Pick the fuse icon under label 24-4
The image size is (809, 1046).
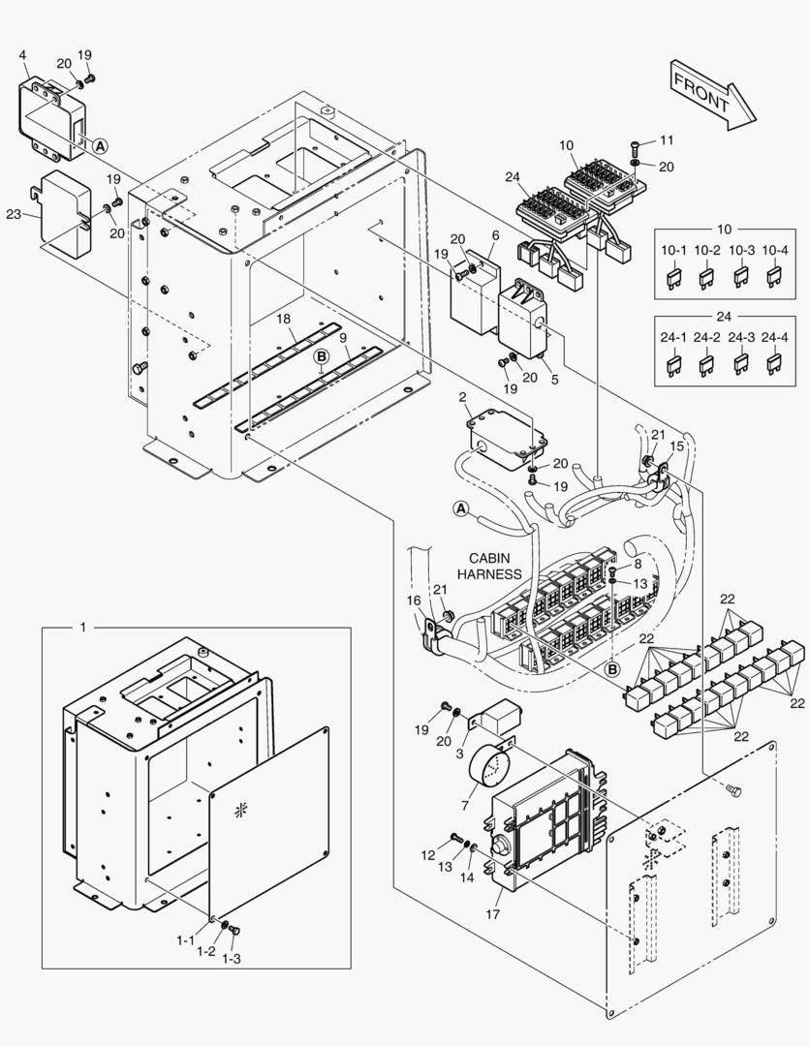pyautogui.click(x=773, y=364)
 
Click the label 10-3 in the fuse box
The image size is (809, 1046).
pyautogui.click(x=740, y=251)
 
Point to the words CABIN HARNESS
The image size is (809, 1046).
pyautogui.click(x=496, y=566)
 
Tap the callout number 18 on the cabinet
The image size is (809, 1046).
pyautogui.click(x=283, y=319)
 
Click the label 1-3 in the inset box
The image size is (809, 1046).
pyautogui.click(x=231, y=958)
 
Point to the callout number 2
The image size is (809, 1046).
pyautogui.click(x=462, y=397)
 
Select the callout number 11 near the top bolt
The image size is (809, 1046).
pyautogui.click(x=666, y=139)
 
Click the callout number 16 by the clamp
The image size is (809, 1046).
pyautogui.click(x=415, y=600)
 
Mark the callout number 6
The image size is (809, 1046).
pyautogui.click(x=495, y=235)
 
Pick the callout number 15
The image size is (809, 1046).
pyautogui.click(x=676, y=446)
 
